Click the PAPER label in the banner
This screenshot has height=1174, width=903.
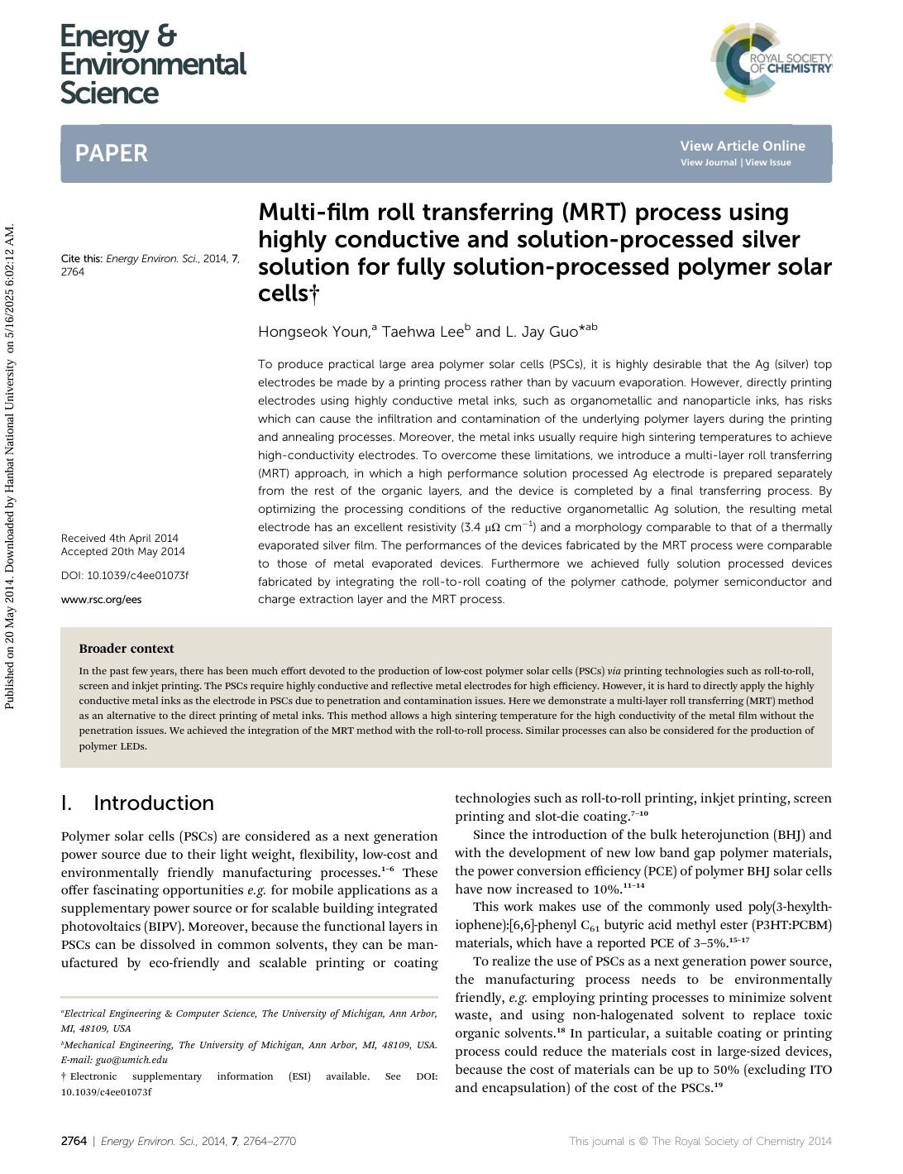point(112,153)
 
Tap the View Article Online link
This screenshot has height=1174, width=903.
point(742,146)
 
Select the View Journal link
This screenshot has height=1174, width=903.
point(708,163)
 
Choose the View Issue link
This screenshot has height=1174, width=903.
point(768,163)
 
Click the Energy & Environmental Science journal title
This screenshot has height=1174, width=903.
point(153,65)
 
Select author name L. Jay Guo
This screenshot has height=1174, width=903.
point(541,333)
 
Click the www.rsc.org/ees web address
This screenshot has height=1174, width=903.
point(101,600)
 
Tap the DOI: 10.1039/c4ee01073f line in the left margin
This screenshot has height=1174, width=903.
point(125,576)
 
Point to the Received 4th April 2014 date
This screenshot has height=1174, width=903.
point(120,539)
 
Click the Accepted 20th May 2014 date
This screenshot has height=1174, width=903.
point(123,552)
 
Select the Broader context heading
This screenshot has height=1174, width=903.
point(127,649)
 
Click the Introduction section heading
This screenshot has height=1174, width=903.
point(153,803)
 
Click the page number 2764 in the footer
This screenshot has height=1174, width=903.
point(74,1142)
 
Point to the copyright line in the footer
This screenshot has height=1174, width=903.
point(700,1142)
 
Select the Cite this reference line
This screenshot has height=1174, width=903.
point(150,265)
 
